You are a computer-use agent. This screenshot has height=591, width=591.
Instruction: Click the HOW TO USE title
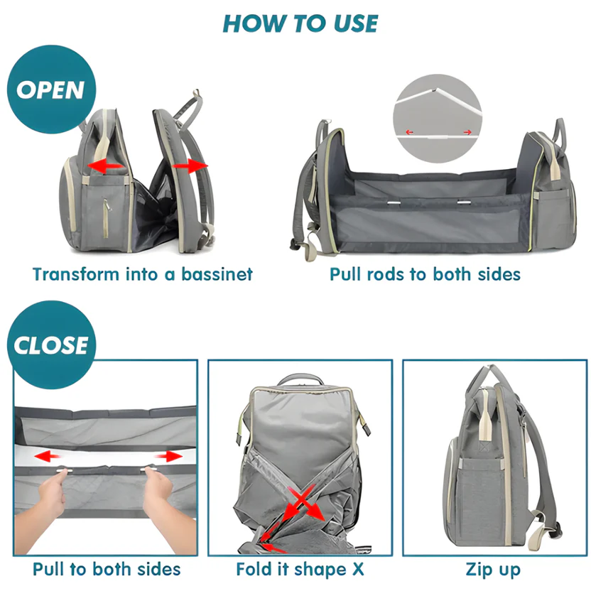click(x=300, y=23)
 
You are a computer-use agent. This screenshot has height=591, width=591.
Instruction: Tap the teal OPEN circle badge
click(x=50, y=90)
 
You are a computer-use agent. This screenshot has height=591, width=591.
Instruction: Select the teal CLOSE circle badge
click(x=51, y=345)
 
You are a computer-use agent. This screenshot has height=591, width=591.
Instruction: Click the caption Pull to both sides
click(x=107, y=569)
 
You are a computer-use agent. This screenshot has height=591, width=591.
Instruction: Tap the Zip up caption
click(x=493, y=569)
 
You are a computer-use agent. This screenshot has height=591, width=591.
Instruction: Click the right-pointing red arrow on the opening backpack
click(x=190, y=165)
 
